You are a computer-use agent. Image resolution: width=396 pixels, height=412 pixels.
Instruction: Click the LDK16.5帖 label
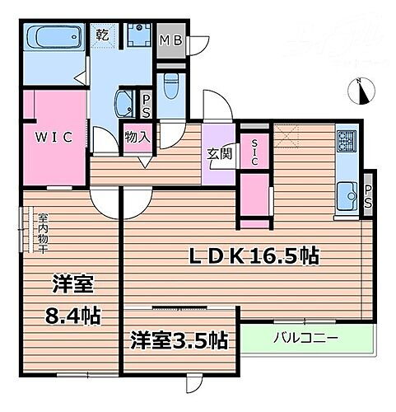click(257, 255)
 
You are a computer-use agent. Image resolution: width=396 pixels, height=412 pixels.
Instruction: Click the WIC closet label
click(53, 138)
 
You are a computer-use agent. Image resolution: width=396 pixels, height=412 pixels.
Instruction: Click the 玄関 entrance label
click(220, 152)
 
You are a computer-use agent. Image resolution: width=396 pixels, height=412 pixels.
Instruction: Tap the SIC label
click(254, 151)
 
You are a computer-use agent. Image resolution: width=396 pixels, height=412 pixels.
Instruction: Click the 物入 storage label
click(137, 137)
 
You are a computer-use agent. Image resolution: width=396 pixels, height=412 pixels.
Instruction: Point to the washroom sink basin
click(123, 105)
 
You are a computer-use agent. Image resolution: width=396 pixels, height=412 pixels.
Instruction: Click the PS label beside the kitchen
click(368, 195)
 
